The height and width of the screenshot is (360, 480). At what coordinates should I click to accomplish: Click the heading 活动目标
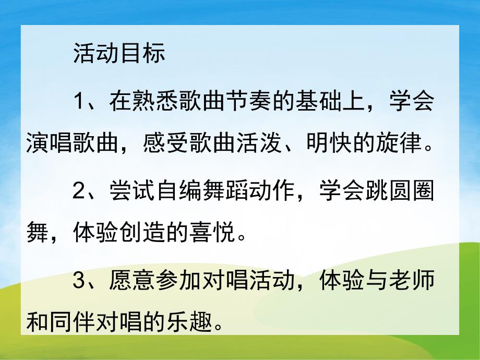119,54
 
